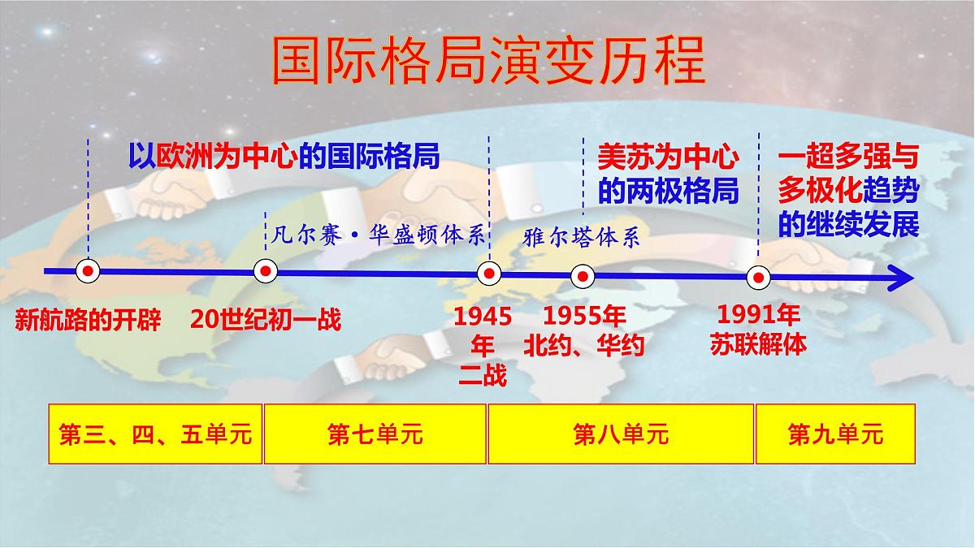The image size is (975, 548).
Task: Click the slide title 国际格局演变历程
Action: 487,61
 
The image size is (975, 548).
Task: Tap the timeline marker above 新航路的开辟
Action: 88,271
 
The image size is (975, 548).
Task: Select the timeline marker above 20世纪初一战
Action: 266,271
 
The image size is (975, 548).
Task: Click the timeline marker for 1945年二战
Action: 488,273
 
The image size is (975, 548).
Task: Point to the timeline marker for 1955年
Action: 582,276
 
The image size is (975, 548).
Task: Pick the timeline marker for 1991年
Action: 758,278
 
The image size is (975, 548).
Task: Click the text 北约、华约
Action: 583,345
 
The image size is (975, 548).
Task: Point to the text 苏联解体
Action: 758,343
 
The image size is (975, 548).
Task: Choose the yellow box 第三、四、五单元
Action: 155,434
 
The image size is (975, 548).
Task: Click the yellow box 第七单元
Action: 375,434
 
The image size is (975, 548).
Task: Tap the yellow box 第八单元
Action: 621,434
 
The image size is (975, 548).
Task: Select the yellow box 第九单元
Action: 835,434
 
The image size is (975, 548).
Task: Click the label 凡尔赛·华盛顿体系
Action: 375,235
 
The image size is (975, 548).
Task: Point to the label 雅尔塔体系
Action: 582,237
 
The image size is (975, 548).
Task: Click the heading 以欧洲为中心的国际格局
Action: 284,156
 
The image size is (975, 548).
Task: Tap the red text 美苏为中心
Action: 668,156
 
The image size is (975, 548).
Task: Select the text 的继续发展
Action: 848,224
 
